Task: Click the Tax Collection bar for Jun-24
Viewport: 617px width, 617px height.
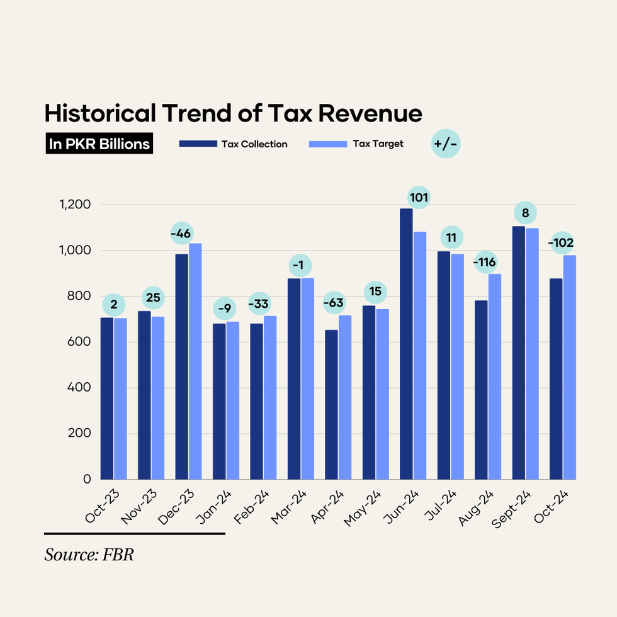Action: [406, 344]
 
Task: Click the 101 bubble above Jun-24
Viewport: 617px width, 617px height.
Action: [419, 198]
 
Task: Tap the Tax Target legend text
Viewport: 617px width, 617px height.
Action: [378, 144]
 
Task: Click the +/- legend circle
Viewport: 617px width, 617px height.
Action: [446, 144]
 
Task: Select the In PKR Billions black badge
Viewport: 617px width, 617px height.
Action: [99, 144]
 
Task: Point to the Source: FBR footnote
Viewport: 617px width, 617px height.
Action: [89, 555]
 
